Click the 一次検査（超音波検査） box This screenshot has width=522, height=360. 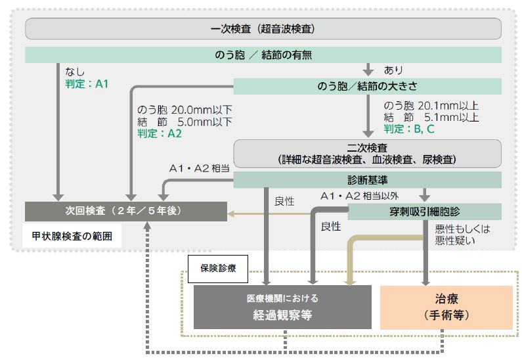[x=263, y=29]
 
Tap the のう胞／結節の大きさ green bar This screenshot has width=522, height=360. [x=367, y=87]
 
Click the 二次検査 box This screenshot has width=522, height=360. [x=367, y=154]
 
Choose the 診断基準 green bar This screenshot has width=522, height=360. [x=367, y=179]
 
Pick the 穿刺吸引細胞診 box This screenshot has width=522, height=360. [x=424, y=212]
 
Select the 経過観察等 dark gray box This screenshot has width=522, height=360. [x=282, y=307]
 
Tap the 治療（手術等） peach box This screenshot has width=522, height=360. [x=446, y=307]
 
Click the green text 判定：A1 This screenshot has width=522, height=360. [x=86, y=84]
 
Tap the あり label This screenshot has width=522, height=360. [x=393, y=70]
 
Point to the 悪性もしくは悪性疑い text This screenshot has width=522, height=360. [x=463, y=235]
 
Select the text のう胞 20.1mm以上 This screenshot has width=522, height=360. [x=431, y=106]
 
